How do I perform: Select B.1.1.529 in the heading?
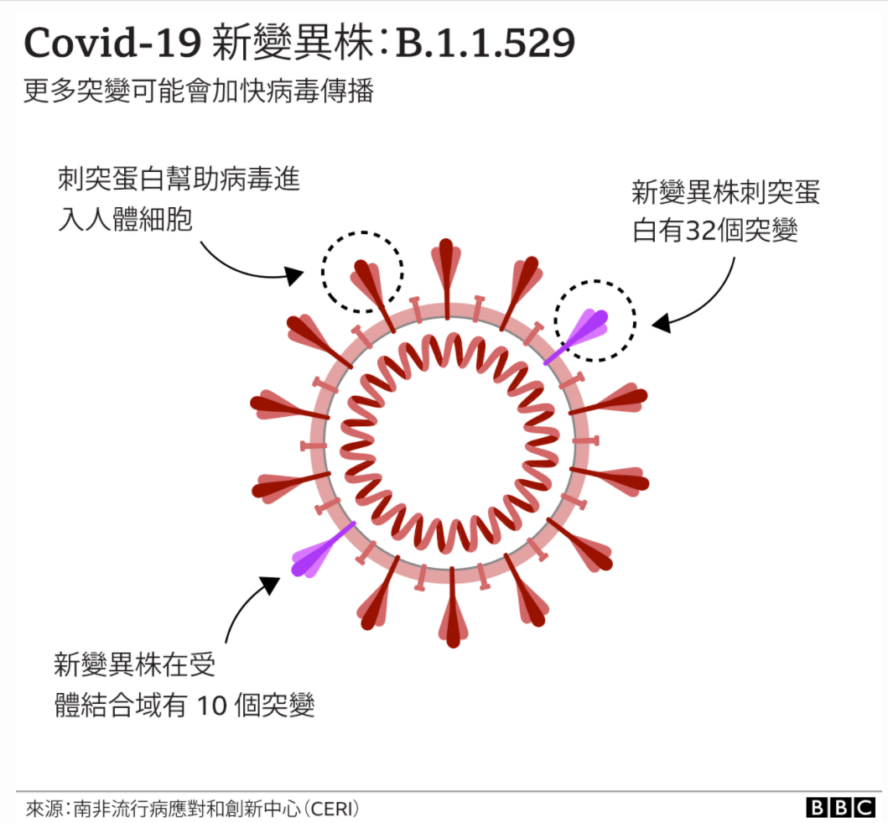pos(486,44)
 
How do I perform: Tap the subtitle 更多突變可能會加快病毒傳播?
pos(199,91)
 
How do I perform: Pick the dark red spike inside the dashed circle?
pos(370,281)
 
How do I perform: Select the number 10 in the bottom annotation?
pos(212,706)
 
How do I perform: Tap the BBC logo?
pos(840,807)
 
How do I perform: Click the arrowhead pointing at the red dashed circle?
pos(294,274)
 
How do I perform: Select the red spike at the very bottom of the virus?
pos(453,625)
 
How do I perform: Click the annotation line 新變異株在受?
pos(134,665)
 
